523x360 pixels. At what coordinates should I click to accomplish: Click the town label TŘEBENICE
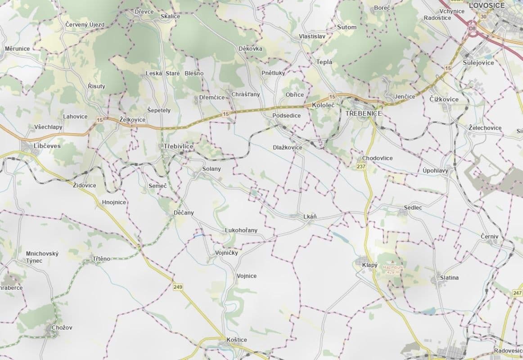364,113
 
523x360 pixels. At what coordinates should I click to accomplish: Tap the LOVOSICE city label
487,5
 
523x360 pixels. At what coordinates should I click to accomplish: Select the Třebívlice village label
179,146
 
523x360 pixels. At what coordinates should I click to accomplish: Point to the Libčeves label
47,146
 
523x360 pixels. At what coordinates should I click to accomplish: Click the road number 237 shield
361,166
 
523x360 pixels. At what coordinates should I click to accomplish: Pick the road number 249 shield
178,286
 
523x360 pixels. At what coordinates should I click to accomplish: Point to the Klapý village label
370,265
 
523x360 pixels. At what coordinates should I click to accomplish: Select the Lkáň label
310,216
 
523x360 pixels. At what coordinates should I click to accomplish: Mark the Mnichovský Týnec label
42,257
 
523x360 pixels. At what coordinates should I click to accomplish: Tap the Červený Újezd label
85,24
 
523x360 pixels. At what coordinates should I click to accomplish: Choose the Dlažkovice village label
288,147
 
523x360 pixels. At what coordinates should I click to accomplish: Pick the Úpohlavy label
435,171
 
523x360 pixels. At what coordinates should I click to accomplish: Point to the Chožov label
62,328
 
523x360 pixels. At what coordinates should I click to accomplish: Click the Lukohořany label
241,230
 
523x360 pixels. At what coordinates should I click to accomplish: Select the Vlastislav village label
312,36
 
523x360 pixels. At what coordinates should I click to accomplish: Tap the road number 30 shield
484,17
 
